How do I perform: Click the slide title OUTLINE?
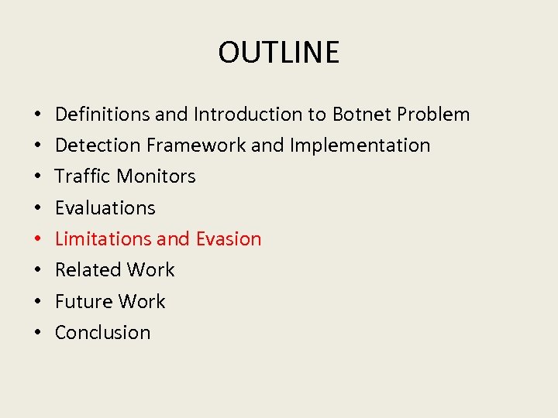pos(278,52)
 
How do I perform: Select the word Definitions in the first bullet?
pos(102,115)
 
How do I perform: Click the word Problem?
pos(433,115)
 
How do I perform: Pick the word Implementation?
pos(360,146)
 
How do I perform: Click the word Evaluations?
pos(105,207)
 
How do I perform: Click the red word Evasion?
pos(229,238)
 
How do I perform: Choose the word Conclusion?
pos(102,332)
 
